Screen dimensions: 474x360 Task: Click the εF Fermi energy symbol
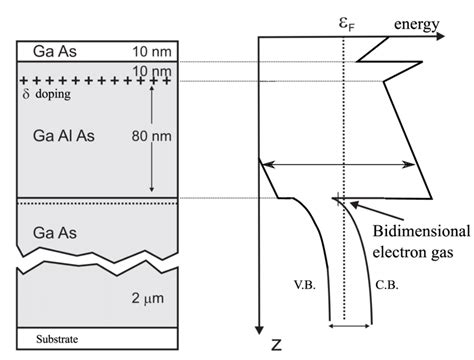point(347,24)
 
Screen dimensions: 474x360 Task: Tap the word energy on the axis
point(417,24)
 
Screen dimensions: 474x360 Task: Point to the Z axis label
point(276,345)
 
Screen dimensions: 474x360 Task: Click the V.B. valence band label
point(305,285)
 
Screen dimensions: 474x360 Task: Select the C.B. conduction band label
point(387,285)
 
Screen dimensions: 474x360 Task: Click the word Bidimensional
point(421,231)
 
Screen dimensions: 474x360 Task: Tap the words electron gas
point(413,252)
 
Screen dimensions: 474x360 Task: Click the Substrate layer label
point(57,339)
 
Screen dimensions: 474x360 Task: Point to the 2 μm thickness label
point(148,298)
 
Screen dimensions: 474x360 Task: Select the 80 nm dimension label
point(151,136)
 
